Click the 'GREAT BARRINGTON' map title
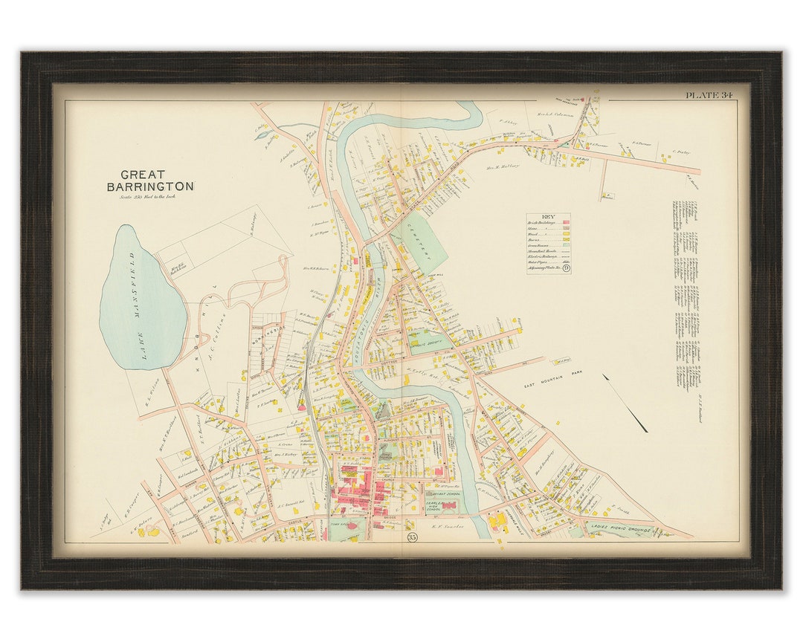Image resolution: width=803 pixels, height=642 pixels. point(149,181)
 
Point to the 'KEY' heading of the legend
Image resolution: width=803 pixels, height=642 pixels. point(549,215)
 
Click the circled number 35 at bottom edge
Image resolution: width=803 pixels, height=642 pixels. point(412,537)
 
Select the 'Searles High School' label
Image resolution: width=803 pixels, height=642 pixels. point(434,506)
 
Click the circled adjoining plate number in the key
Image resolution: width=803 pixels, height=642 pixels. point(566,268)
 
